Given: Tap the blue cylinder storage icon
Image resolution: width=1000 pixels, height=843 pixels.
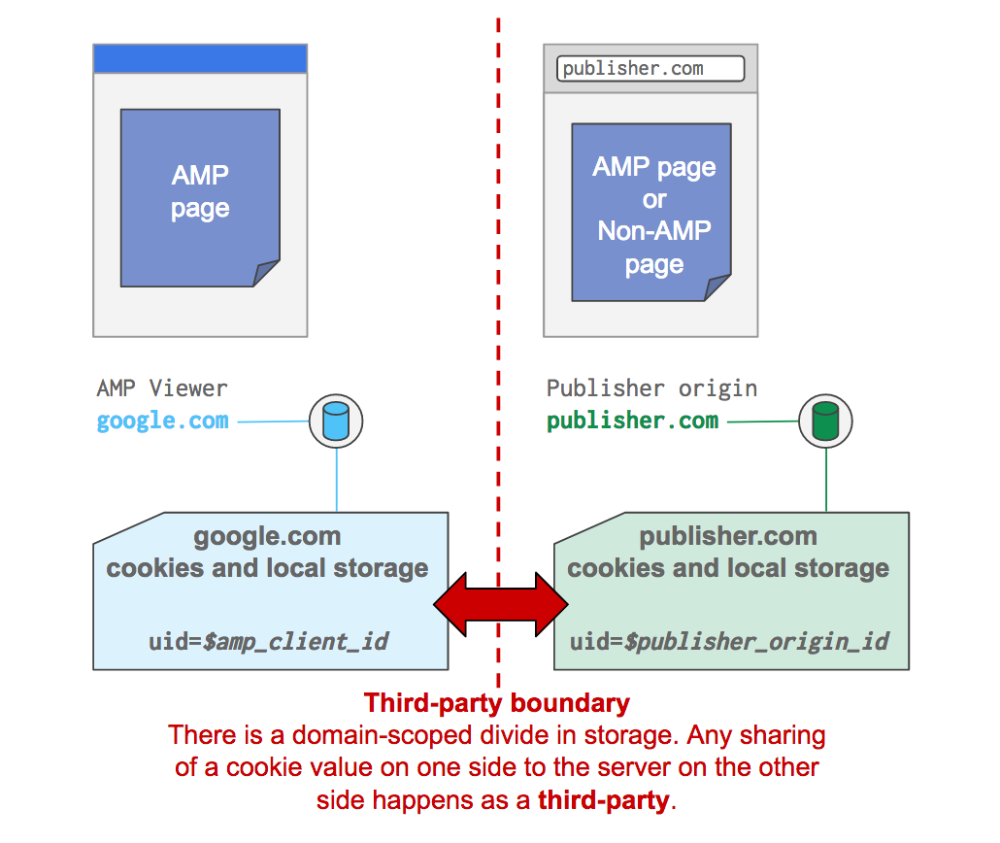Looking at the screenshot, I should coord(336,421).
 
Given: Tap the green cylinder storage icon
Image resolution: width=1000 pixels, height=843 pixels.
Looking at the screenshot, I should coord(825,421).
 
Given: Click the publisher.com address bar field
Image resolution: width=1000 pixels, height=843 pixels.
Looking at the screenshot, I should coord(650,69).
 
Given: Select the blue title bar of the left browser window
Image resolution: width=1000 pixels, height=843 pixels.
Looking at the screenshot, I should coord(200,58).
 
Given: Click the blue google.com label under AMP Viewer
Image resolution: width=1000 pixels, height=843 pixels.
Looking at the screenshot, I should coord(163,421).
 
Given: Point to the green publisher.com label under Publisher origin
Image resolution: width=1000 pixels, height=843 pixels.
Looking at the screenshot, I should coord(632,421).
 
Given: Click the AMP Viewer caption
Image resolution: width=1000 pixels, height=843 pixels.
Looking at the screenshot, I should coord(162,388).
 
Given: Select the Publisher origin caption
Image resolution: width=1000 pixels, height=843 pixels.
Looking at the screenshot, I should coord(651,388).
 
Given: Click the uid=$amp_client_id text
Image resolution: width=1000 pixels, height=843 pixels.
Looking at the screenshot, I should coord(268,642).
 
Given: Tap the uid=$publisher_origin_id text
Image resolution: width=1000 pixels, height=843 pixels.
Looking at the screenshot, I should coord(729,642).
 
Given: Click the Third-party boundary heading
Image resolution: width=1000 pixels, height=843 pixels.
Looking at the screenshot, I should coord(497,703).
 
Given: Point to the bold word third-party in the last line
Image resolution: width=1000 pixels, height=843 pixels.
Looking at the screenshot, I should coord(604,800).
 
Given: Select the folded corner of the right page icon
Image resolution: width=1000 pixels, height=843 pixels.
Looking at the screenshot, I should coord(717,287).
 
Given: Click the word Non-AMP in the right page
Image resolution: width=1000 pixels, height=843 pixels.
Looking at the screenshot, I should coord(654,231).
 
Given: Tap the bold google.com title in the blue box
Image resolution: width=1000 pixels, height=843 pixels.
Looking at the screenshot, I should coord(267,536).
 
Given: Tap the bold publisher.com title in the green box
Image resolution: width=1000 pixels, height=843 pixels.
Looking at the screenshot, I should coord(728,536).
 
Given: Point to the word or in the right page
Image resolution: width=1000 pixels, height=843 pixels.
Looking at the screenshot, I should coord(654,199).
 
